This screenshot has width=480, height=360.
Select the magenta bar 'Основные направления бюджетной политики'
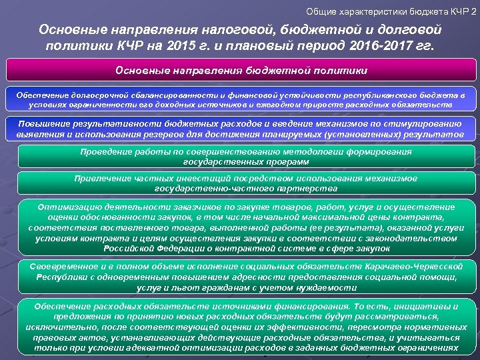pos(241,70)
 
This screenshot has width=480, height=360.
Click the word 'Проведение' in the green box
pos(105,151)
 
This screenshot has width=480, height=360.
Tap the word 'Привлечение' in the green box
pos(103,179)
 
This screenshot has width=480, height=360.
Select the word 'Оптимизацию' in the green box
pos(68,207)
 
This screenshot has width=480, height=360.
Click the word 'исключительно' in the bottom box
pos(55,327)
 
